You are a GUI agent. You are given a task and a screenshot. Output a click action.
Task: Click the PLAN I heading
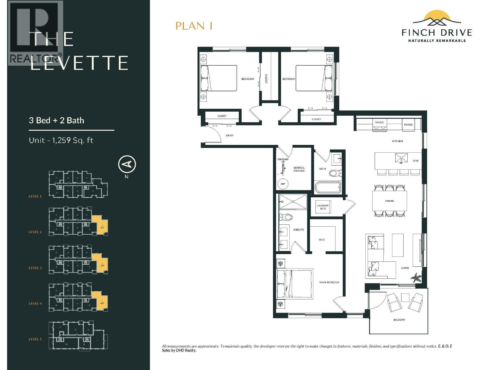coord(194,26)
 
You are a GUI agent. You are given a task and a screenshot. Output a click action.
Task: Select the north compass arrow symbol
coord(127,164)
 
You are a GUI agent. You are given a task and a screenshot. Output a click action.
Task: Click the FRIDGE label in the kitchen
coord(408,125)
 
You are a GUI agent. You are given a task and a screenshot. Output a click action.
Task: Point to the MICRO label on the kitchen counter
coord(379,122)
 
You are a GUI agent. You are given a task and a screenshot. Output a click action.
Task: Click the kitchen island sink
coord(401,158)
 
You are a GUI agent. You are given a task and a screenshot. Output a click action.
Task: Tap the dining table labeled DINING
coord(389,201)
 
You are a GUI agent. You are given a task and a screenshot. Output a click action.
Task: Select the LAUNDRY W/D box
coord(323,207)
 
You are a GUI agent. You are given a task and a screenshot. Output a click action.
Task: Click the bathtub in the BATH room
coord(328,187)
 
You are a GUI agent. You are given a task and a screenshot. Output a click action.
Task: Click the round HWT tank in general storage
coord(283,184)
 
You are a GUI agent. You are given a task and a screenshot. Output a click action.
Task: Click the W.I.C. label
coord(322,240)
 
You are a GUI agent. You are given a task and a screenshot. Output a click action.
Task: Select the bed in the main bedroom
coord(295,284)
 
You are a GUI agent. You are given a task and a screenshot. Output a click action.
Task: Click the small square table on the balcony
coord(405,297)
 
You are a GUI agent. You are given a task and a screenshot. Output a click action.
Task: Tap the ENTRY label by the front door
coord(230,136)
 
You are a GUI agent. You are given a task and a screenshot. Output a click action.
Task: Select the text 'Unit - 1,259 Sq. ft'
coord(61,141)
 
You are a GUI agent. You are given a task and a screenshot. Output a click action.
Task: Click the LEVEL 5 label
coord(35,339)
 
